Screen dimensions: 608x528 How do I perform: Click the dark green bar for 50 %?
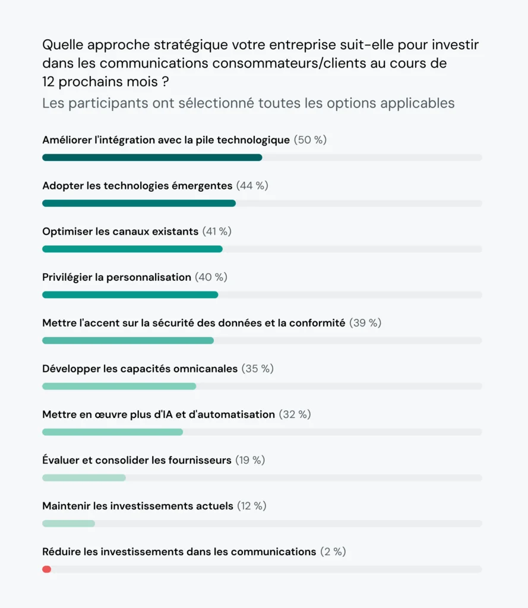coord(152,157)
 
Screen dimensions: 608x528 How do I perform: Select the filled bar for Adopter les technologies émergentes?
coord(139,203)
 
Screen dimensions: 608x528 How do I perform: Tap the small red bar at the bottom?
coord(46,569)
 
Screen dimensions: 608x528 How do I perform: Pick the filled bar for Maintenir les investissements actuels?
coord(68,524)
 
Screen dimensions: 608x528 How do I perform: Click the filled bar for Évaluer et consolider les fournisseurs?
coord(84,478)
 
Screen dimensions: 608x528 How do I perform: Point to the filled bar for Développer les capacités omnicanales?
coord(119,387)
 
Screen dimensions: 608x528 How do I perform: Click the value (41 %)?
coord(217,232)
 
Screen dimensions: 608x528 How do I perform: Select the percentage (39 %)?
coord(365,323)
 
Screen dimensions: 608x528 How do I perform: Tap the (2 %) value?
coord(333,552)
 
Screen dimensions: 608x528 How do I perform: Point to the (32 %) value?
coord(295,414)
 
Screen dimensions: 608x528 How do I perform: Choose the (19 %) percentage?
coord(250,460)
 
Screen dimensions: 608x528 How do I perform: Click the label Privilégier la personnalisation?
coord(116,277)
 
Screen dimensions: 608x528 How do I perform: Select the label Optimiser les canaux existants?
coord(120,232)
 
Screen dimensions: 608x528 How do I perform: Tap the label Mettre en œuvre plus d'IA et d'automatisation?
coord(159,414)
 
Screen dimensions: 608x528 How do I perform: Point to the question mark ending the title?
coord(165,81)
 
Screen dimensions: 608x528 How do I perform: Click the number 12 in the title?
coord(49,81)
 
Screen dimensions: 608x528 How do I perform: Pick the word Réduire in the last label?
coord(62,552)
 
